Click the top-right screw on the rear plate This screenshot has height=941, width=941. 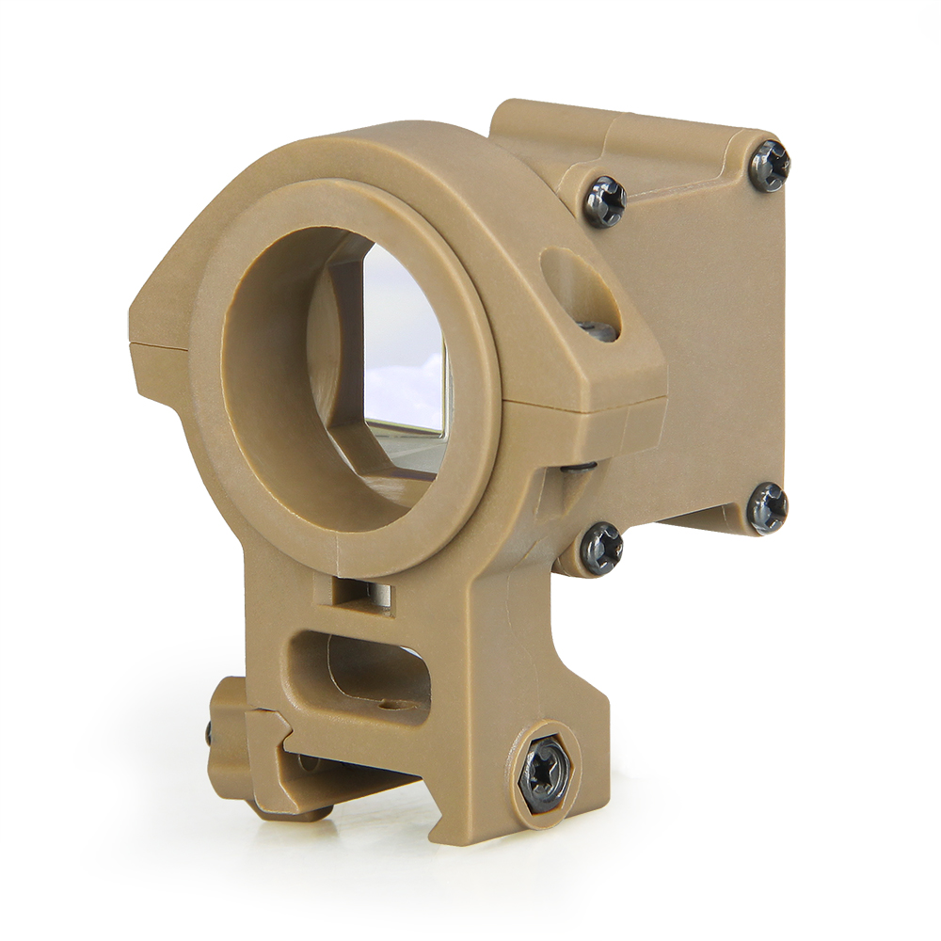[x=769, y=166]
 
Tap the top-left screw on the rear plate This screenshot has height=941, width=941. [x=604, y=201]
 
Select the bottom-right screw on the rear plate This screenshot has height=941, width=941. [x=767, y=508]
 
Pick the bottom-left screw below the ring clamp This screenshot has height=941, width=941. [x=599, y=548]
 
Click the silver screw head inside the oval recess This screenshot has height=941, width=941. [x=595, y=329]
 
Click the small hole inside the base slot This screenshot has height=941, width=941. [x=386, y=701]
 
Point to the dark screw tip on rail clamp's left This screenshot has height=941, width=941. [x=208, y=731]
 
